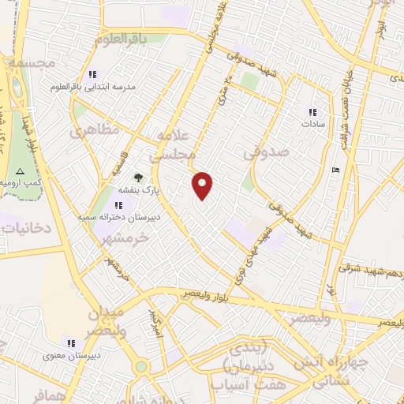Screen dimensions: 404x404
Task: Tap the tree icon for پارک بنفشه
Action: pos(139,178)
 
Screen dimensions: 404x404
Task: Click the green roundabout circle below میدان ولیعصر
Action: pos(141,366)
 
